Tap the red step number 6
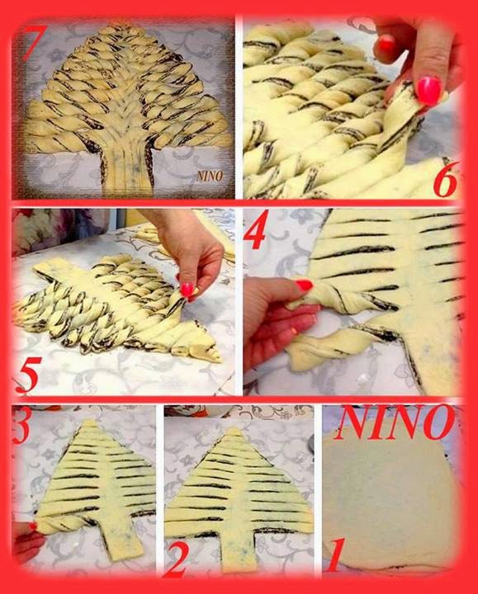446,181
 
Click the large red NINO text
397,423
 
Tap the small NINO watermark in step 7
209,176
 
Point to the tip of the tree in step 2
235,429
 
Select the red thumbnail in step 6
428,89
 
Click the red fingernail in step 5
187,290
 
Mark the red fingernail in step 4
305,285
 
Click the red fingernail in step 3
32,526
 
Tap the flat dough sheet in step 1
388,503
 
